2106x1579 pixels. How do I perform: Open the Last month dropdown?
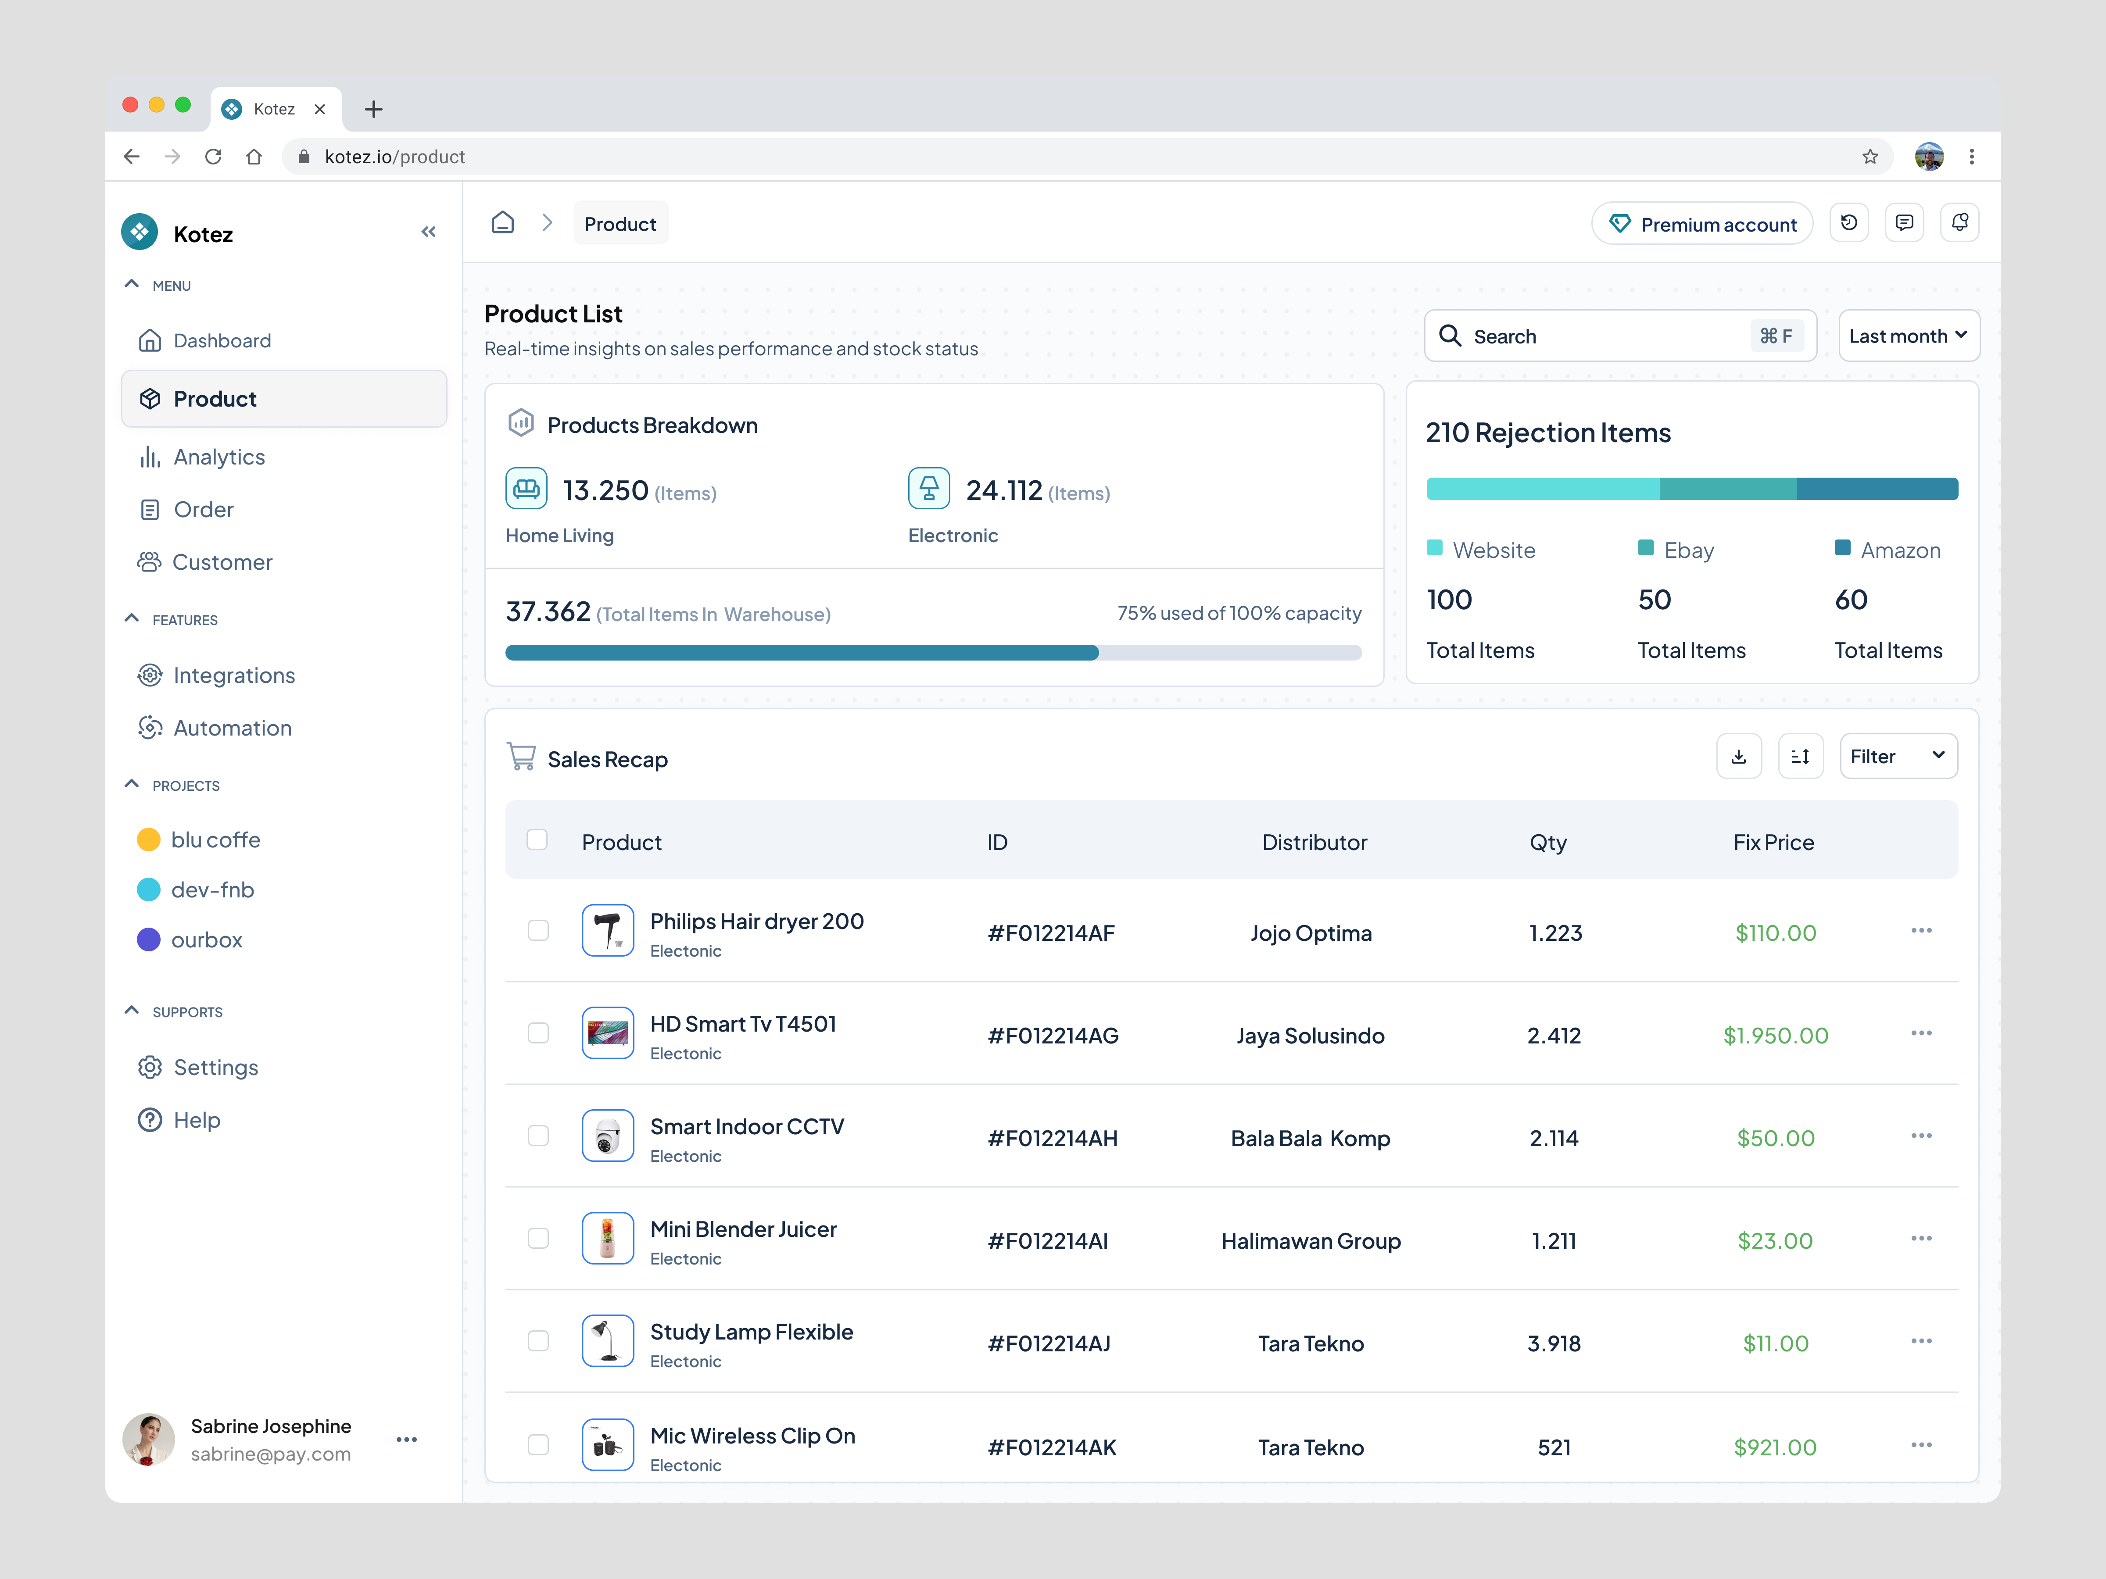(x=1908, y=336)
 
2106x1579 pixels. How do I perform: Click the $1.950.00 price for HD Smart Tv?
(x=1775, y=1036)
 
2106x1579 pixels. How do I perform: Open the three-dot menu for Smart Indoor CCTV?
(x=1920, y=1136)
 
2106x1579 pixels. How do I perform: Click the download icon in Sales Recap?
(x=1738, y=757)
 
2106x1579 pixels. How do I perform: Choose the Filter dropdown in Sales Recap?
(x=1898, y=757)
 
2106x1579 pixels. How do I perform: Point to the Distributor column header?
(x=1314, y=842)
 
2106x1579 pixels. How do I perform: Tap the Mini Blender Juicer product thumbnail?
(x=607, y=1238)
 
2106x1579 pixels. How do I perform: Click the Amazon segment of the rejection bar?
(x=1877, y=489)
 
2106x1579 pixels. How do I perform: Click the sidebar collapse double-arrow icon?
(x=428, y=232)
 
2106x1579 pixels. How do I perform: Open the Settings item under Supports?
(x=215, y=1068)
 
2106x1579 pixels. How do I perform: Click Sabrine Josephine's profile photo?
(x=149, y=1439)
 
